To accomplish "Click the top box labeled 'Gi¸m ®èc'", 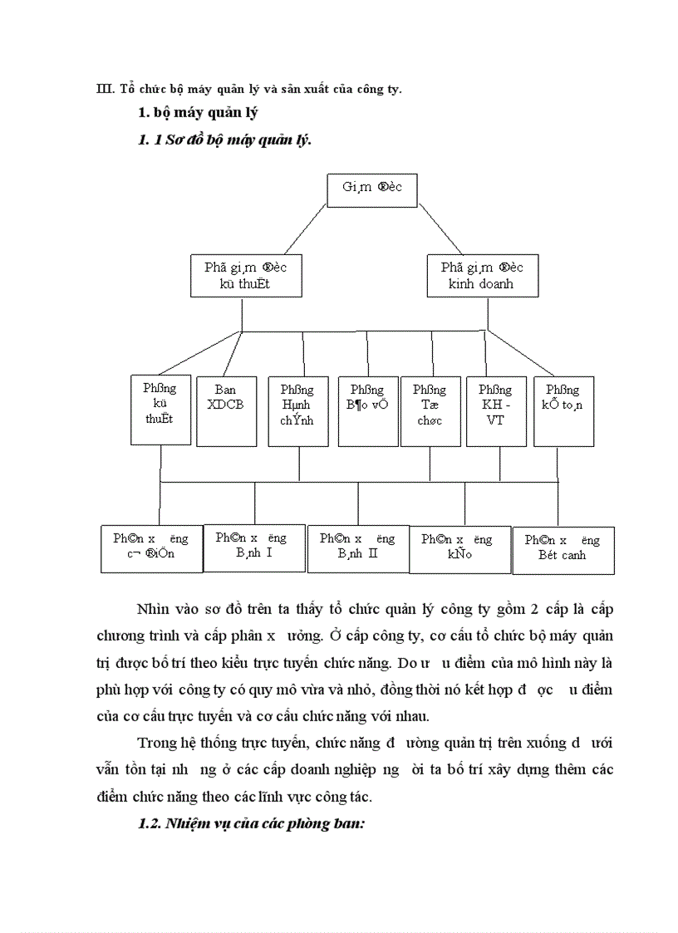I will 371,189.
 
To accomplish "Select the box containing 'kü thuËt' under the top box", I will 246,276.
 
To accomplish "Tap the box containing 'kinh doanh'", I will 483,276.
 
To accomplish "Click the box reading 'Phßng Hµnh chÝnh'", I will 297,404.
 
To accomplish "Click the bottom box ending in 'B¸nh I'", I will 254,546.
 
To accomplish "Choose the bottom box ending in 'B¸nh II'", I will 358,548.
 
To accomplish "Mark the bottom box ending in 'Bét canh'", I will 563,549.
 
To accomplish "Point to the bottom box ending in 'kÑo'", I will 459,548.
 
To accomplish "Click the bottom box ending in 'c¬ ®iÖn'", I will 151,548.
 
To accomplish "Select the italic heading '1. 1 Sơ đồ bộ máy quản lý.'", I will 224,140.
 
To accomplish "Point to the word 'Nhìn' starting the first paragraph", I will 155,609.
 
